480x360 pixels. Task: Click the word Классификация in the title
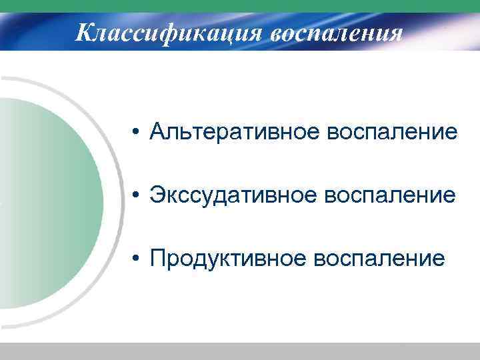click(169, 31)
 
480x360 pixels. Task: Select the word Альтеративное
click(234, 132)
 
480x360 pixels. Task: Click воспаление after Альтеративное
click(391, 132)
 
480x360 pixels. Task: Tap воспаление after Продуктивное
click(379, 257)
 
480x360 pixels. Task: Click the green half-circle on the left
click(47, 200)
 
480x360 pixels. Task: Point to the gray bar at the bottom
click(240, 351)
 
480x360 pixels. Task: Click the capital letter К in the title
click(85, 31)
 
